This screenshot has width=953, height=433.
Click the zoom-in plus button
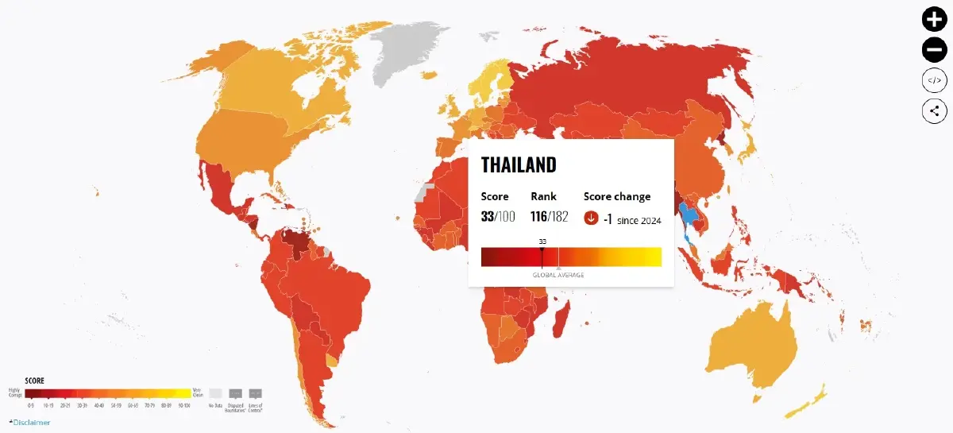click(x=934, y=19)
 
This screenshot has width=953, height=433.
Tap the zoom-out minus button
click(x=934, y=50)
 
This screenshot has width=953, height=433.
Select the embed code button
click(x=934, y=80)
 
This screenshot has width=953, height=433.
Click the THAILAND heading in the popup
click(x=519, y=165)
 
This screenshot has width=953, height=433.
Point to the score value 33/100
click(x=498, y=217)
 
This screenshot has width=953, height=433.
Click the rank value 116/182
click(x=550, y=217)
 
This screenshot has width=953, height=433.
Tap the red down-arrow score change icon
click(x=591, y=218)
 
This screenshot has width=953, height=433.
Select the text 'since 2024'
click(x=639, y=220)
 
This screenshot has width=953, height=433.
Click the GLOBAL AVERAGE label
click(x=558, y=275)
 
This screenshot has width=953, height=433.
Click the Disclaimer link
click(x=32, y=423)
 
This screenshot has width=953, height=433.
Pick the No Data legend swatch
click(x=215, y=393)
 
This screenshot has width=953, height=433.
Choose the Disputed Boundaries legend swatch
click(x=235, y=393)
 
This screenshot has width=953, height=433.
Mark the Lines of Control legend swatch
click(x=255, y=393)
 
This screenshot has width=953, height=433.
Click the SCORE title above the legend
click(x=35, y=381)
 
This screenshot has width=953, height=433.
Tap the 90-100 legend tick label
click(x=183, y=405)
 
